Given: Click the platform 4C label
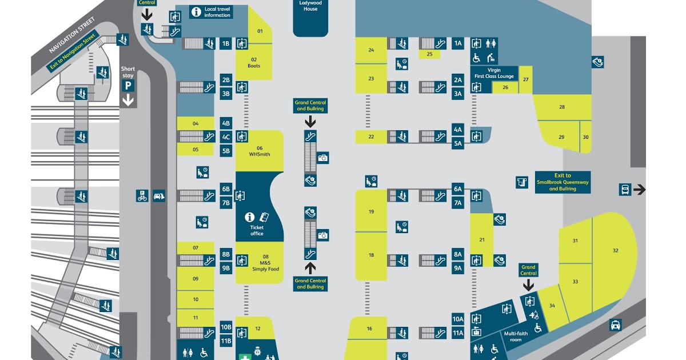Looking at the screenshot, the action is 226,137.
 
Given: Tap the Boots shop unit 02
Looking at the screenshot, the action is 254,62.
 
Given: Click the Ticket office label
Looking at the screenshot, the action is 257,230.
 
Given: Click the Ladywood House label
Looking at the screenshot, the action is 310,6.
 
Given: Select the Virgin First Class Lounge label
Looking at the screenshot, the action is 494,73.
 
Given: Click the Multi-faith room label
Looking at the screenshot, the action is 512,337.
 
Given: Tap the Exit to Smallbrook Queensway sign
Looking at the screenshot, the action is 563,182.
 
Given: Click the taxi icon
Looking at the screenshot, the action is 615,325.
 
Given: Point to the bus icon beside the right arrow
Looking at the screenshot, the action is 625,189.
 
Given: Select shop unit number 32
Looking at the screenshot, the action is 615,250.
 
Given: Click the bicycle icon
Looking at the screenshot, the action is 142,196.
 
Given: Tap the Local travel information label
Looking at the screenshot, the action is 217,12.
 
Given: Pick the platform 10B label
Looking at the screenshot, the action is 226,327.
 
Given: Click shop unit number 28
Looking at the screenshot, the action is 562,107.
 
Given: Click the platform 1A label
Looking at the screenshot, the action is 458,43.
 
